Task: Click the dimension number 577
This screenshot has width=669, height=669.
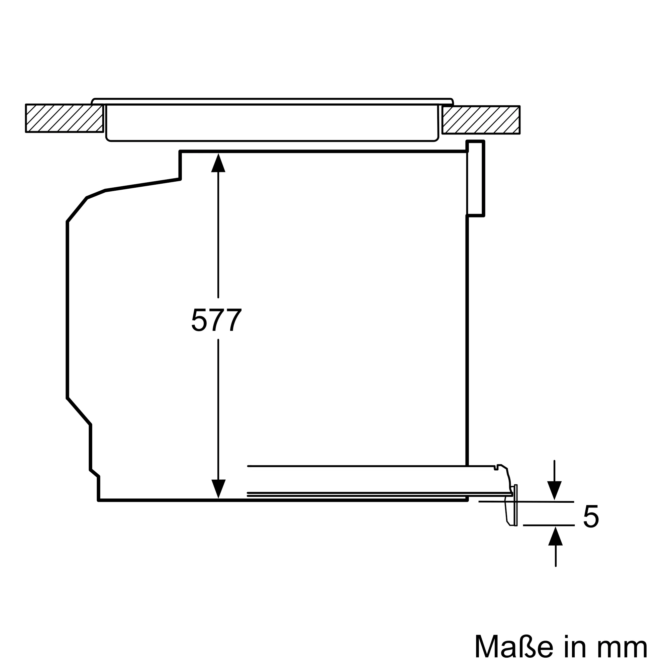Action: pyautogui.click(x=216, y=319)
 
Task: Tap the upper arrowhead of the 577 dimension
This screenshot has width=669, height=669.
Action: pyautogui.click(x=218, y=163)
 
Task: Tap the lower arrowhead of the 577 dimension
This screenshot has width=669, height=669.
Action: pyautogui.click(x=218, y=489)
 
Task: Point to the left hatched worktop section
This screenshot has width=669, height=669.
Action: pyautogui.click(x=65, y=118)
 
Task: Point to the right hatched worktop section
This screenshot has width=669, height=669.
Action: pyautogui.click(x=481, y=119)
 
